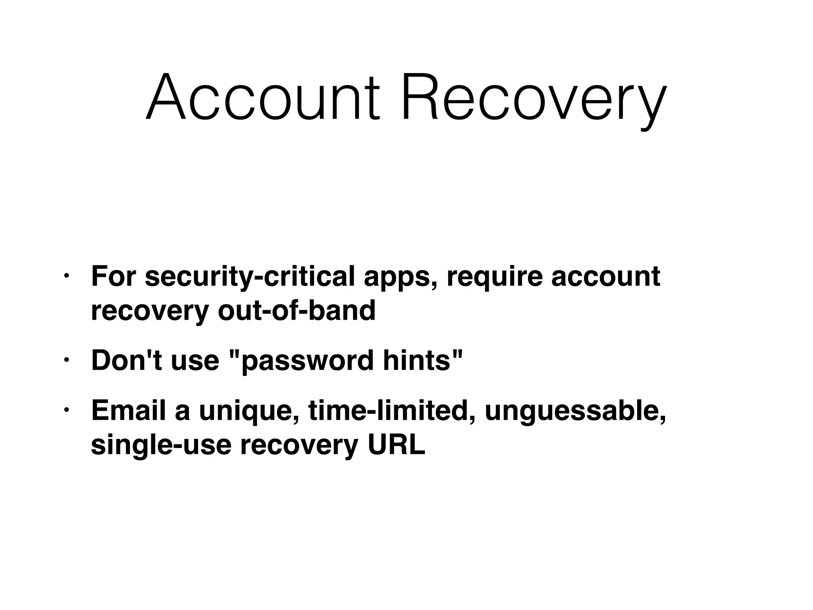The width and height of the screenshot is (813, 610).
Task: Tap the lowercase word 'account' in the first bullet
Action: pyautogui.click(x=606, y=277)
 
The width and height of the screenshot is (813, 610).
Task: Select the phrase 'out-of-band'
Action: pyautogui.click(x=296, y=310)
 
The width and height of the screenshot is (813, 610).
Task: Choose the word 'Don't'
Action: pyautogui.click(x=127, y=360)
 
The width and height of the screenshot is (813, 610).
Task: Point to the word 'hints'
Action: pyautogui.click(x=417, y=360)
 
